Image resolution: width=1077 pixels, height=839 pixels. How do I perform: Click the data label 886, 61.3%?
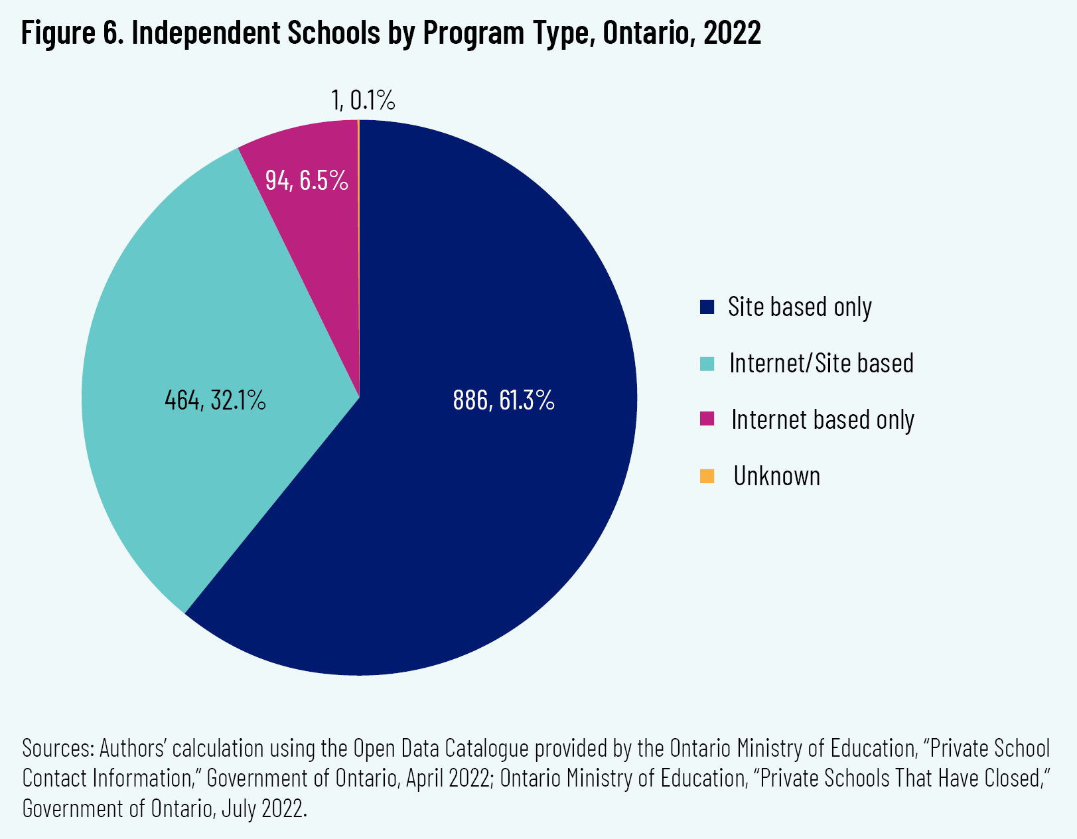pos(504,400)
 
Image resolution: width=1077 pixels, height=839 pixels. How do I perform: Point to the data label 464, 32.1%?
pos(215,400)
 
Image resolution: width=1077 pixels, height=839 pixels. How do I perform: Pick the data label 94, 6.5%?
pos(307,181)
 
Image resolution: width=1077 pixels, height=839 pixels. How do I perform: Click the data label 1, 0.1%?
pos(363,100)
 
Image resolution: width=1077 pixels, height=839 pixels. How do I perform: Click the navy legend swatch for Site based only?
pos(707,307)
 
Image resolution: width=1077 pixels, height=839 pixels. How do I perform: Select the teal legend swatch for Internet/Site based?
pos(707,364)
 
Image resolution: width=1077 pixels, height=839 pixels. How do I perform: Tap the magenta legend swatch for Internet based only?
pos(707,419)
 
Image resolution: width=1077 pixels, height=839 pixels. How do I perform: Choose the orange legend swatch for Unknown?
pos(707,477)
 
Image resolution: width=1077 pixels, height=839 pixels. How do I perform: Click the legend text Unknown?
pos(776,477)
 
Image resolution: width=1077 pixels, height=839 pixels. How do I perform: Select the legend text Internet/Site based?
pos(821,363)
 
